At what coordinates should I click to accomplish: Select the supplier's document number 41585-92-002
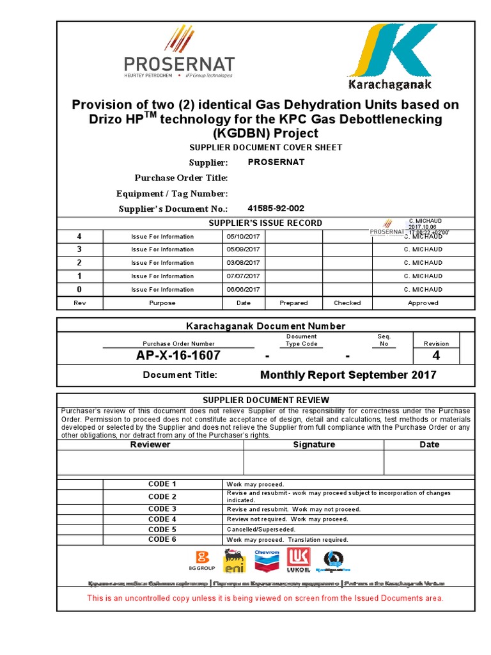tap(276, 209)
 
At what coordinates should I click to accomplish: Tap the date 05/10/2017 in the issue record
tap(244, 237)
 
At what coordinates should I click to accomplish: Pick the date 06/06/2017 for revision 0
tap(244, 290)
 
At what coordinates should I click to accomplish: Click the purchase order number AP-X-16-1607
tap(178, 356)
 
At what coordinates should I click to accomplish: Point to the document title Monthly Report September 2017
tap(348, 375)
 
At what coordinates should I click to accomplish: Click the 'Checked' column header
tap(347, 303)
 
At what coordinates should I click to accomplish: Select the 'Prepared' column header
tap(293, 303)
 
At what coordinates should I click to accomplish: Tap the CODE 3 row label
tap(162, 509)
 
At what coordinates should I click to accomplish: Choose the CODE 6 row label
tap(162, 540)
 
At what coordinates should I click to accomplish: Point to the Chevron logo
tap(267, 561)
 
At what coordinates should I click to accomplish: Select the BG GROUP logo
tap(202, 561)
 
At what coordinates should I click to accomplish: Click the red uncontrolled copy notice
tap(265, 599)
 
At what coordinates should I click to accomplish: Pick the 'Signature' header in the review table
tap(313, 445)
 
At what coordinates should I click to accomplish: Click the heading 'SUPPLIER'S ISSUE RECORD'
tap(266, 223)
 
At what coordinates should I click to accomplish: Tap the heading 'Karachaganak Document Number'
tap(265, 326)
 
